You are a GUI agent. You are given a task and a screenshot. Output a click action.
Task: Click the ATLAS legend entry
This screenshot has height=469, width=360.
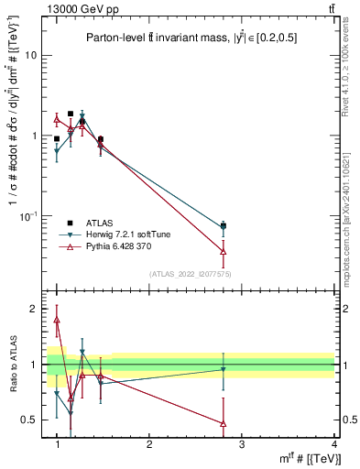point(100,223)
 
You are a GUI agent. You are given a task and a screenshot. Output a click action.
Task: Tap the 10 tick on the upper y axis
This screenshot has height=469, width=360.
point(30,55)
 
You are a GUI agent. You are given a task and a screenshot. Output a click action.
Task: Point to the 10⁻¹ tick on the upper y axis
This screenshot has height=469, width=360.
point(27,215)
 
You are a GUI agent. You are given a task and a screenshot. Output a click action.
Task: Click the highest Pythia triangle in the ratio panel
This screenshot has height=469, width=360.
point(57,320)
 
